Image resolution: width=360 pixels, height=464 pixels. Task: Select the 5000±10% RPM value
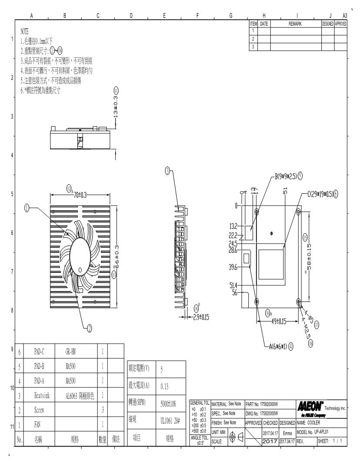click(x=168, y=404)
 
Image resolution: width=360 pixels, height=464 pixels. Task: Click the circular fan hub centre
click(x=80, y=249)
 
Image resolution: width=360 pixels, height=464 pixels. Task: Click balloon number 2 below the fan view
click(x=90, y=328)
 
